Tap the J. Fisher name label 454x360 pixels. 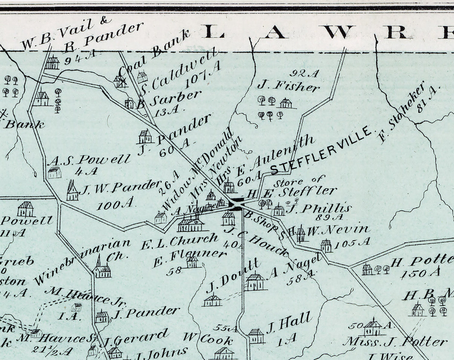(x=288, y=86)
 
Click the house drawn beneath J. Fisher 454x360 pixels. (x=286, y=103)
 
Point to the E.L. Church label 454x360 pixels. (x=179, y=241)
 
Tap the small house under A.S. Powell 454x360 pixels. (x=55, y=172)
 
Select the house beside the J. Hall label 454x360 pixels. (x=256, y=335)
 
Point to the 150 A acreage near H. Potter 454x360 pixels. (x=420, y=273)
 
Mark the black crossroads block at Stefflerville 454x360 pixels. (x=236, y=204)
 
